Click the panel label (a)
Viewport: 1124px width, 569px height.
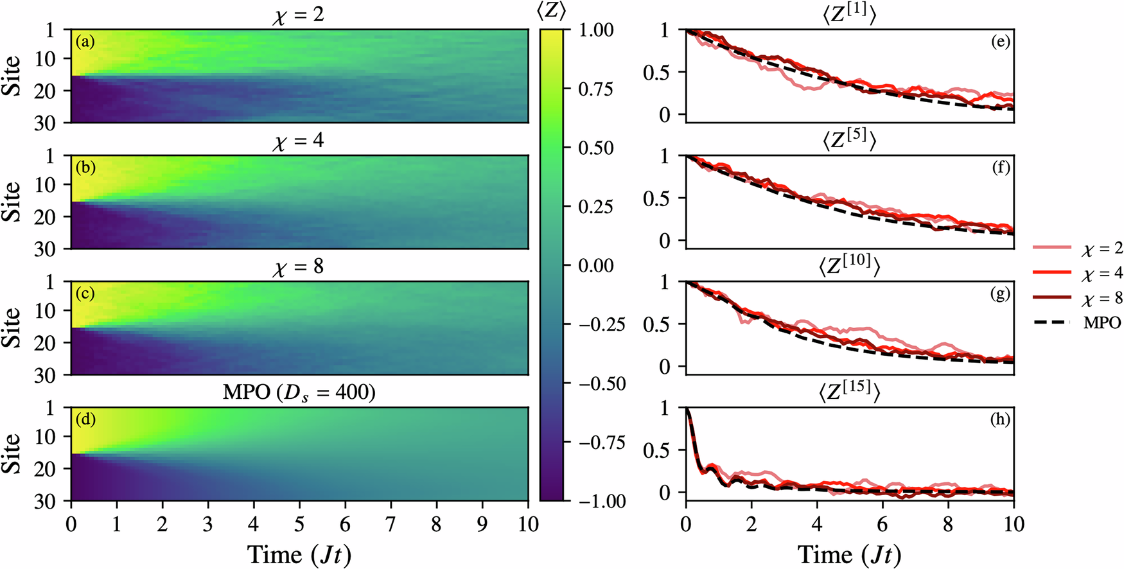85,42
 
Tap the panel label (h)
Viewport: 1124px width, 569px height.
1000,419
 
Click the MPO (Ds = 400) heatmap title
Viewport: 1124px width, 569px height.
299,392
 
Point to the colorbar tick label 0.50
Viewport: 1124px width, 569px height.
595,148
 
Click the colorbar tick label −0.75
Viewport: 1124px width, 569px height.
601,442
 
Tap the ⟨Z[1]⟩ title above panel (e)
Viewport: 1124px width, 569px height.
849,13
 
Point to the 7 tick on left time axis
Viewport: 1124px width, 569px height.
391,525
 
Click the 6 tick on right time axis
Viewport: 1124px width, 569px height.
883,525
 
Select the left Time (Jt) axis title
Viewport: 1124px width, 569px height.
299,554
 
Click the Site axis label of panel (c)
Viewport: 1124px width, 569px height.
12,328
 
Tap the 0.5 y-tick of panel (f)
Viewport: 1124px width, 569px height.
656,198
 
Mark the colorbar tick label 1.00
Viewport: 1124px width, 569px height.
595,30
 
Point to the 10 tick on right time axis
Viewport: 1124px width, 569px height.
1014,525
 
